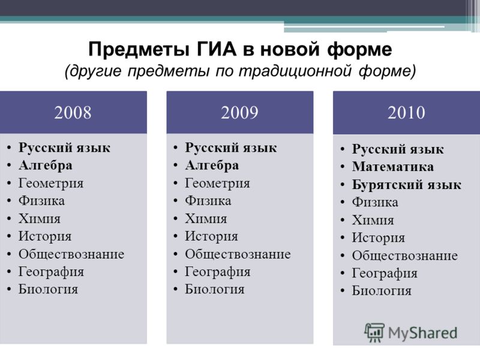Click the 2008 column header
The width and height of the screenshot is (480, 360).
tap(73, 112)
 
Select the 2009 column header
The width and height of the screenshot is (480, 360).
tap(239, 112)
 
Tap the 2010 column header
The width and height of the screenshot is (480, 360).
tap(407, 113)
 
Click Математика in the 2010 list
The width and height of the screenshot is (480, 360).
tap(393, 167)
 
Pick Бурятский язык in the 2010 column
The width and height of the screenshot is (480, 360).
tap(407, 185)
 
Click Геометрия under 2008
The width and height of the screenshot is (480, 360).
tap(51, 184)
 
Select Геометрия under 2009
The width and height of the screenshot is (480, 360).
tap(217, 184)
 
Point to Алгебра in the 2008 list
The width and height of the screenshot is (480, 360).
tap(46, 166)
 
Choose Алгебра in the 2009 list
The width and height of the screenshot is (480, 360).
tap(212, 166)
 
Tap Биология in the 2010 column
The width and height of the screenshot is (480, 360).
tap(382, 290)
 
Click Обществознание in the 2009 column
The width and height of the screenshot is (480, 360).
tap(238, 254)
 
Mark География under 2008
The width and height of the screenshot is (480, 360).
tap(51, 272)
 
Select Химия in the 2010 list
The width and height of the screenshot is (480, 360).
tap(373, 220)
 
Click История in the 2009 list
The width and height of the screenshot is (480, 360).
tap(211, 236)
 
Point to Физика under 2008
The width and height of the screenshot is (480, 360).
tap(41, 201)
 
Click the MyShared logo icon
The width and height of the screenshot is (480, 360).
tap(374, 332)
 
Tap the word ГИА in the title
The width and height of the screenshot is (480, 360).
tap(217, 49)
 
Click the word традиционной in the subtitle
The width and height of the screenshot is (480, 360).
tap(295, 71)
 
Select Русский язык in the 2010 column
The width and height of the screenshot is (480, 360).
tap(398, 149)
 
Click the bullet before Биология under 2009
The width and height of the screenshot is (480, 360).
tap(176, 289)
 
